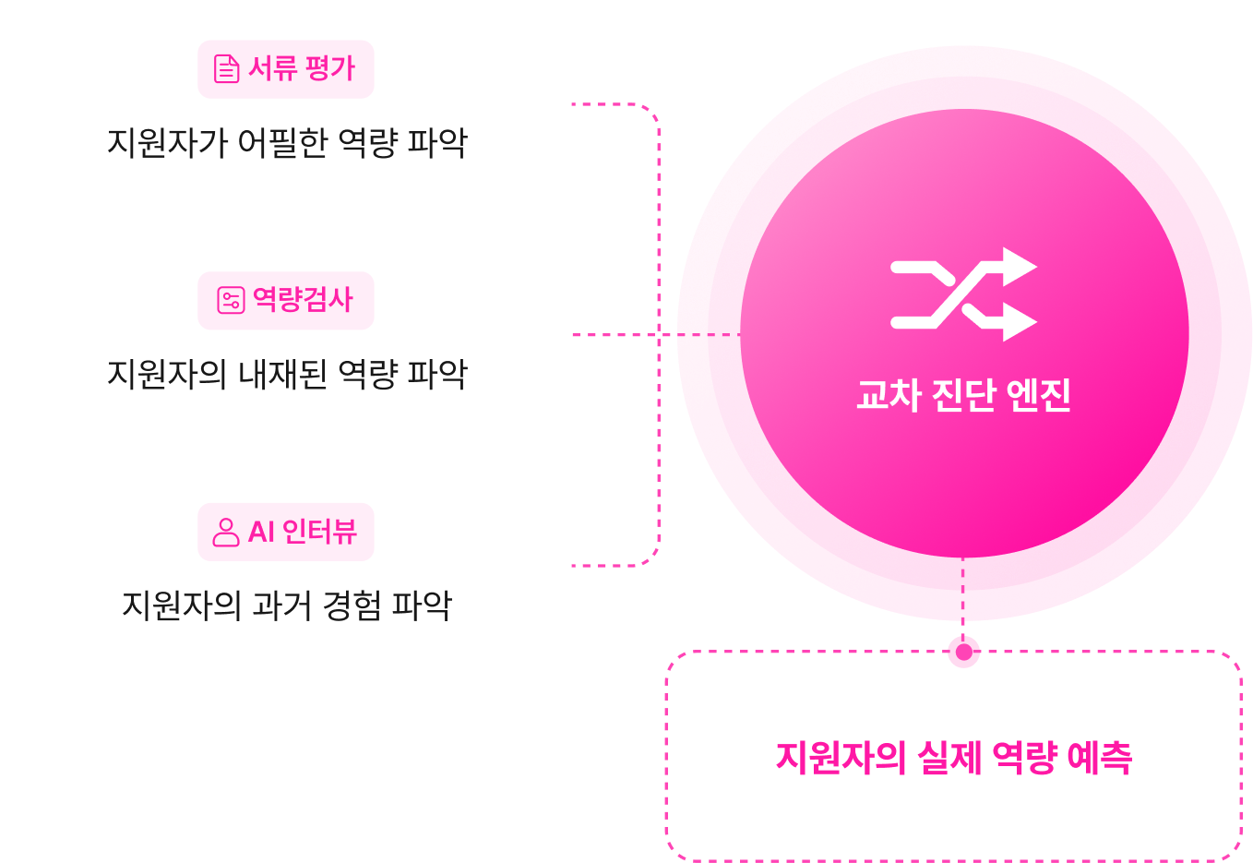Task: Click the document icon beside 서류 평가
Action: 226,69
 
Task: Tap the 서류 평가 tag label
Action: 301,69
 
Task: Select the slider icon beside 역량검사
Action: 230,300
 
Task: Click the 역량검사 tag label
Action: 303,300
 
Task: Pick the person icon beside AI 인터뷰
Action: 226,532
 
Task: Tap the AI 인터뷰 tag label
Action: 302,532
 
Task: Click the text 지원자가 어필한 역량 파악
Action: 287,143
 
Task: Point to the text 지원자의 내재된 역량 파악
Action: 287,374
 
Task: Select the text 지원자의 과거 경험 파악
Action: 287,605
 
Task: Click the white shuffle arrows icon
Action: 963,294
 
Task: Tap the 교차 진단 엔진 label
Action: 963,395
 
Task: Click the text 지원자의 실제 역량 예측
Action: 954,758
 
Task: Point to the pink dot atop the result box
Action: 963,650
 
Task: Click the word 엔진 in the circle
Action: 1038,395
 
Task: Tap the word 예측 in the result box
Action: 1099,758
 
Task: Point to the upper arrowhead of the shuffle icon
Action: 1019,267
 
